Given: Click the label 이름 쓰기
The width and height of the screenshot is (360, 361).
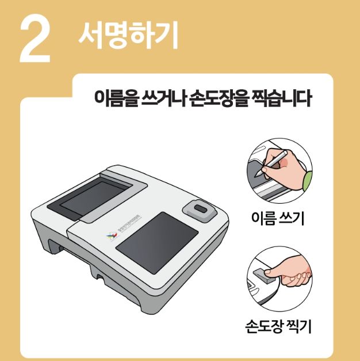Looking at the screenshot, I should pyautogui.click(x=278, y=219).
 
